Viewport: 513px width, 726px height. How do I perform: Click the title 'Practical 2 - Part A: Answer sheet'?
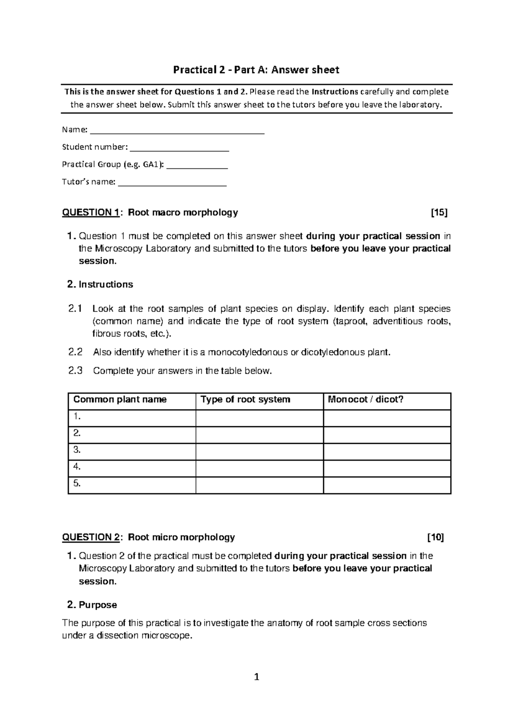coord(256,70)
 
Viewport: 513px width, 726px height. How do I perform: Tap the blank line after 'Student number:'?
coord(179,148)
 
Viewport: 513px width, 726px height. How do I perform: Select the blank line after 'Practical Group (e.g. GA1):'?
coord(197,165)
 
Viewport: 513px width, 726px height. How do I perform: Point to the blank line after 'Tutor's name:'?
coord(172,183)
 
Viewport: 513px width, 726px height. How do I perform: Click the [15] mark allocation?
coord(439,212)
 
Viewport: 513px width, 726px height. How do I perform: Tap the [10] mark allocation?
coord(436,537)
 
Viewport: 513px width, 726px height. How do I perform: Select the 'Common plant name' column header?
coord(120,400)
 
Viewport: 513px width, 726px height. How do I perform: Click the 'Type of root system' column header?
coord(245,400)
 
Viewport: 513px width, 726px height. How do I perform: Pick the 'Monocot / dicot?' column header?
coord(366,400)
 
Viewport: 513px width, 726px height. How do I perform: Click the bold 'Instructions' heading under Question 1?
coord(106,285)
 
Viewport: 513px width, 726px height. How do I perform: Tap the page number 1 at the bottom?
coord(256,677)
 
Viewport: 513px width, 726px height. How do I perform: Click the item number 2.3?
coord(75,371)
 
